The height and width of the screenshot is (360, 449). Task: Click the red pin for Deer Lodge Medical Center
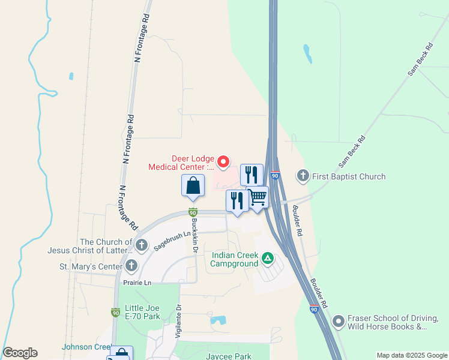[223, 161]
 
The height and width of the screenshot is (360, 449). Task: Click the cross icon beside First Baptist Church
[303, 176]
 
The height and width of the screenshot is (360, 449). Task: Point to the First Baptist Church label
[349, 176]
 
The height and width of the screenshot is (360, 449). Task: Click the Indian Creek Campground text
[235, 259]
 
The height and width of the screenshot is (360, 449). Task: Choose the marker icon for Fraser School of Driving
[339, 322]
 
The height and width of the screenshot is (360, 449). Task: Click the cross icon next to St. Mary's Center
[130, 266]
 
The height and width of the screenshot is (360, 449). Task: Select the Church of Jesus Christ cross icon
[142, 245]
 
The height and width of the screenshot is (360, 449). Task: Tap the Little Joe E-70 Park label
[143, 312]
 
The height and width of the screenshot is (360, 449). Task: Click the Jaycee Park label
[229, 356]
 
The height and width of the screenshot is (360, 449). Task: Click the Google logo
[20, 353]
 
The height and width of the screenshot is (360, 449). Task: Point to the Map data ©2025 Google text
[411, 355]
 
